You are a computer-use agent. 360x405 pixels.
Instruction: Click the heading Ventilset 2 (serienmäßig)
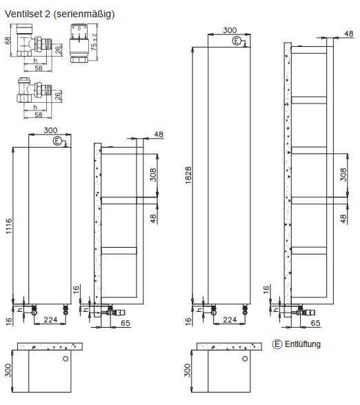60,14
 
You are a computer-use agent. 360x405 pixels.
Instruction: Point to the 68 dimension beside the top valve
8,41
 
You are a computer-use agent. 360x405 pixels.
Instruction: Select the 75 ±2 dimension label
94,43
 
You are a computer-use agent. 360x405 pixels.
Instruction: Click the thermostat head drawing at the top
78,43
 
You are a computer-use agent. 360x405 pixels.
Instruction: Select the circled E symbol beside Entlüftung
277,344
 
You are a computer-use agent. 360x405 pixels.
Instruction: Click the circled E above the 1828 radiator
237,41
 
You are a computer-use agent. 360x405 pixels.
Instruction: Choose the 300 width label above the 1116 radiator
50,130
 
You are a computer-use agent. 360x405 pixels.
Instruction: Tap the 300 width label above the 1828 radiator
230,30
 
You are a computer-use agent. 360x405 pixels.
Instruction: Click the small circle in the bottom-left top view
65,359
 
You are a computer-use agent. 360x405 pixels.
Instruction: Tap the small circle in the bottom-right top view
245,359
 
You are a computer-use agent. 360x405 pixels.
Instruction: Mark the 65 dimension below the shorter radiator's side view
126,321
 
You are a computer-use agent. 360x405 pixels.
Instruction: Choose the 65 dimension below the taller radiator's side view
315,322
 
